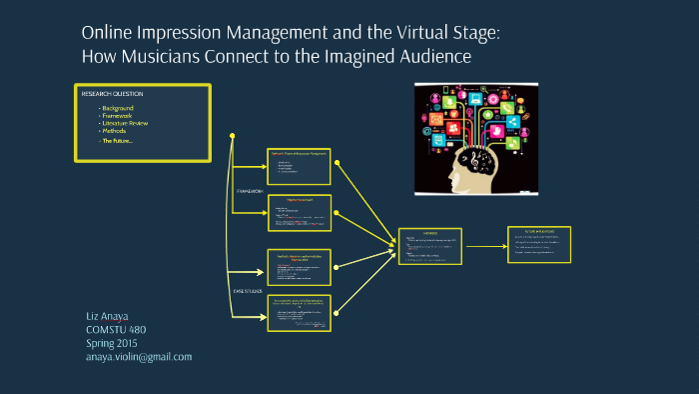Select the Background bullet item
[x=118, y=107]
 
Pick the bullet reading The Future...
[x=117, y=140]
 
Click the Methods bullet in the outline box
[x=115, y=131]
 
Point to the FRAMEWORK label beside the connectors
[x=250, y=190]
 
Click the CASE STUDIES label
[x=249, y=290]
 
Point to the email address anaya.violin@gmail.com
[x=139, y=357]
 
